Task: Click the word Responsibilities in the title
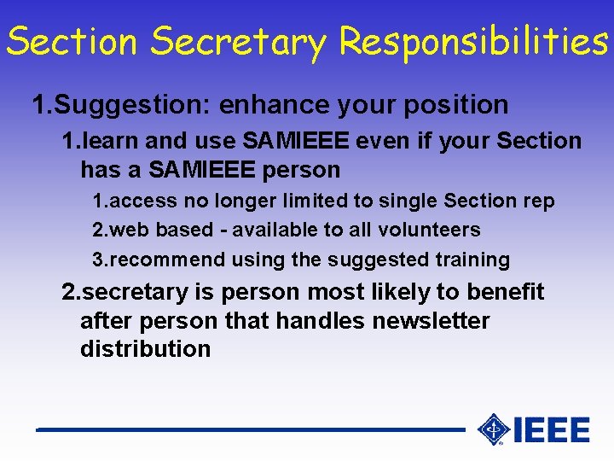[x=473, y=41]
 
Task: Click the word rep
[x=538, y=201]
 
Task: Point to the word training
[x=472, y=260]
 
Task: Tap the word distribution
[x=145, y=349]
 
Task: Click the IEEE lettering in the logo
[x=552, y=429]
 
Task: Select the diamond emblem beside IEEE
[x=493, y=429]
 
